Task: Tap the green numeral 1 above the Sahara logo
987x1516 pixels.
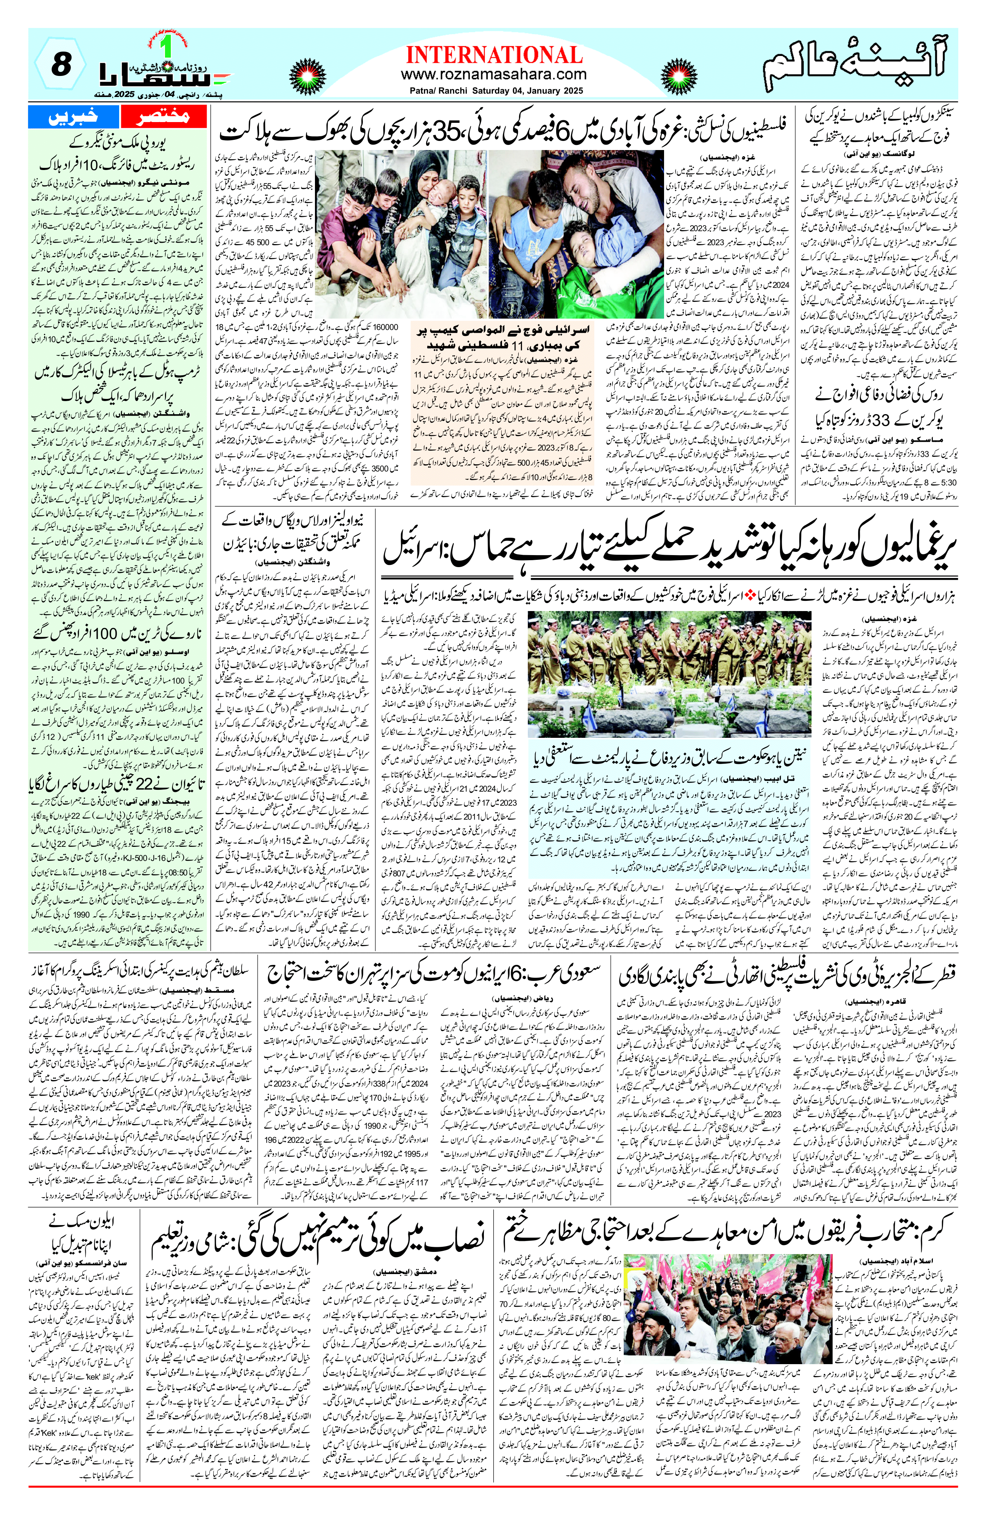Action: pos(167,45)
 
